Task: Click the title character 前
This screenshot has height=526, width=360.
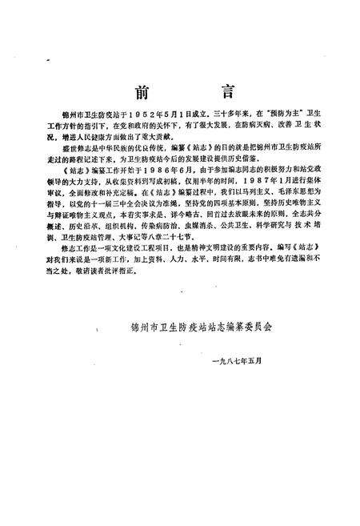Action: pyautogui.click(x=142, y=91)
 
